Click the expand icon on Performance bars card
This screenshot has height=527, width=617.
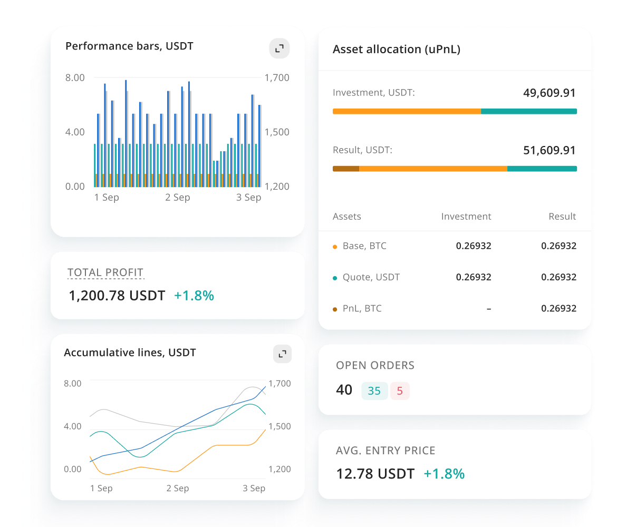coord(279,48)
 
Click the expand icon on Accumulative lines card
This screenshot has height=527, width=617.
coord(282,354)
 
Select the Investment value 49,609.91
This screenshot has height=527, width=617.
coord(549,93)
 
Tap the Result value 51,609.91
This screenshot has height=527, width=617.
coord(549,151)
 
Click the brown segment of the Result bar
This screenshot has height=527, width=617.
coord(346,169)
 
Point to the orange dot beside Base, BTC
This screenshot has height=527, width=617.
coord(335,247)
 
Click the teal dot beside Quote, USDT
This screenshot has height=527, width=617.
coord(335,278)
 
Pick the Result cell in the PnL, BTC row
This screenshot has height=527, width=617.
coord(558,308)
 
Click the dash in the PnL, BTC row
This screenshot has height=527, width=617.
coord(489,308)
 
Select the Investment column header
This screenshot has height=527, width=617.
coord(466,217)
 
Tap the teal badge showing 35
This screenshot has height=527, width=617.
coord(374,391)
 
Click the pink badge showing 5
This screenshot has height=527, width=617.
coord(400,391)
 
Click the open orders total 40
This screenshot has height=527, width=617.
coord(344,390)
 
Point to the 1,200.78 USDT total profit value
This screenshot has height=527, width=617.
coord(117,296)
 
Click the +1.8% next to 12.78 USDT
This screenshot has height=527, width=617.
coord(444,474)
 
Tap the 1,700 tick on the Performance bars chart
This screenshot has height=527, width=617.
coord(277,78)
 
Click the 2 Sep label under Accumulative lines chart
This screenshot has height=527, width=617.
coord(178,489)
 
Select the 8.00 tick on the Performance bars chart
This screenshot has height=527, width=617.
coord(75,78)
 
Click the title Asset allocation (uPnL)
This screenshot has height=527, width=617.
coord(396,50)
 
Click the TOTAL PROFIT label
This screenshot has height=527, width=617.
coord(105,272)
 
